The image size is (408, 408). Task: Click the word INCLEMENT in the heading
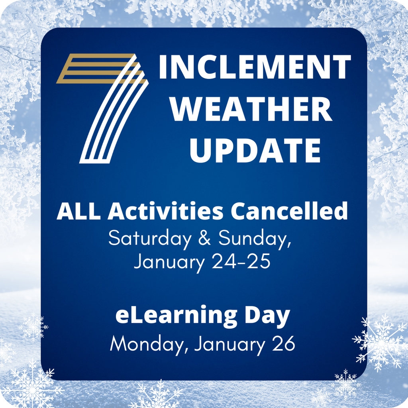pyautogui.click(x=255, y=67)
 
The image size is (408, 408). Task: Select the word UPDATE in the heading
pyautogui.click(x=255, y=150)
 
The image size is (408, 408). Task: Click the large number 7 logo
pyautogui.click(x=104, y=112)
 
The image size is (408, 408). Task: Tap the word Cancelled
pyautogui.click(x=290, y=212)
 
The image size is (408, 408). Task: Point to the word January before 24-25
pyautogui.click(x=174, y=262)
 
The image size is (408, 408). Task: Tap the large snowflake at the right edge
pyautogui.click(x=381, y=342)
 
